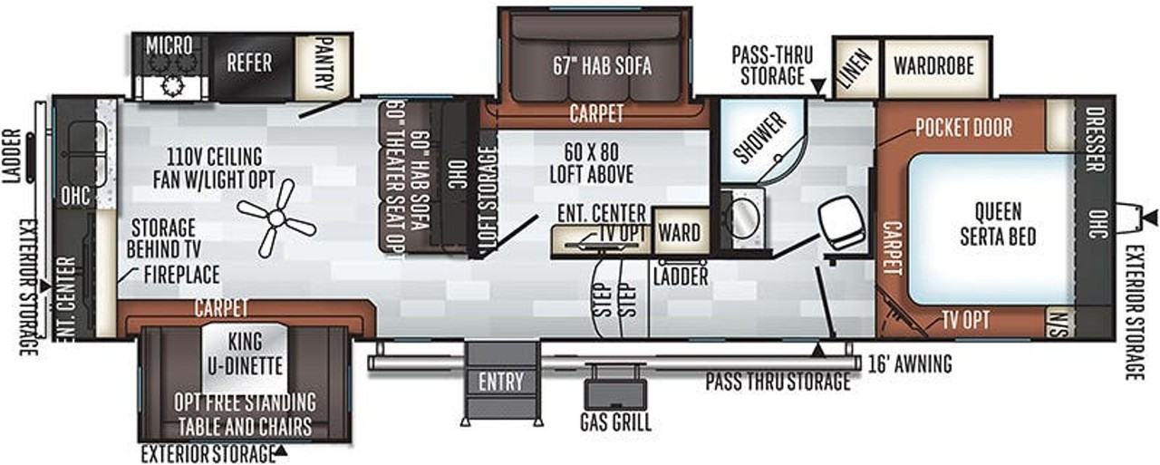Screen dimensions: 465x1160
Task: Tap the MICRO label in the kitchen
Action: point(169,44)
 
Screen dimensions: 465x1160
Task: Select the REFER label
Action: point(249,63)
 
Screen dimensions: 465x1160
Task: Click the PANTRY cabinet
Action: point(324,63)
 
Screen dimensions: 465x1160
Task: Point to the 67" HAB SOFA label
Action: point(602,66)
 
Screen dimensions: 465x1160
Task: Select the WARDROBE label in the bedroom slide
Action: point(933,65)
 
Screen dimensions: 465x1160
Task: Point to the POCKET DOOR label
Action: point(963,128)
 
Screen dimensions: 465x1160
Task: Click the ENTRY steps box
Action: point(501,382)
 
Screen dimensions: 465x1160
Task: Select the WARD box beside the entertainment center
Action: point(679,233)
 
